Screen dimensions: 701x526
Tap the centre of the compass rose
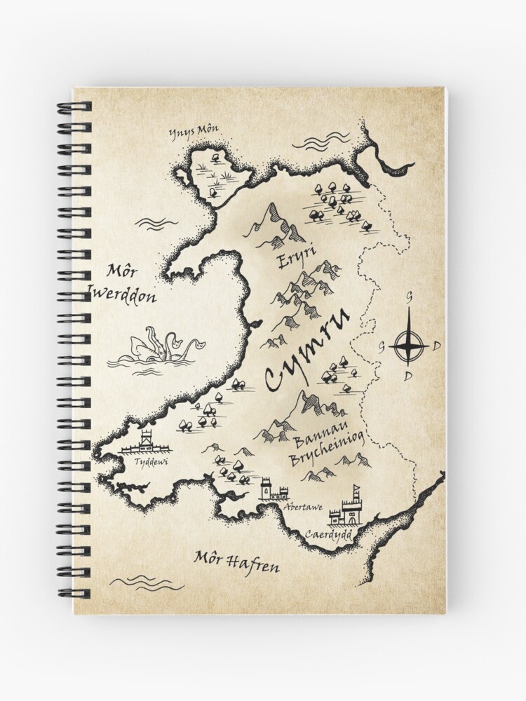[x=409, y=346]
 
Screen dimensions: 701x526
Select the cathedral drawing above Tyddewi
[x=145, y=443]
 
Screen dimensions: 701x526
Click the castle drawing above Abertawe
[x=271, y=489]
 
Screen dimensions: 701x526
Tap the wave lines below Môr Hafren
[x=147, y=582]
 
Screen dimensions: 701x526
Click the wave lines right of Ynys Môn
[x=321, y=142]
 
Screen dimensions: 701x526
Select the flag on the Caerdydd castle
[x=358, y=489]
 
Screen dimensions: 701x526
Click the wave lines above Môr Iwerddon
[x=155, y=223]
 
